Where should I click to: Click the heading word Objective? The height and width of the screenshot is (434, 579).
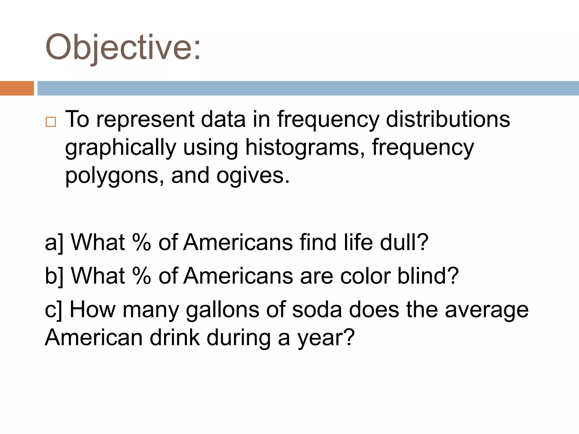(123, 47)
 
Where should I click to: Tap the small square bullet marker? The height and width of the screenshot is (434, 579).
(51, 122)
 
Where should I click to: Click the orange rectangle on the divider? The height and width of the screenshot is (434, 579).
(17, 88)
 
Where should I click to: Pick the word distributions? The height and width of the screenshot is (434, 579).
(448, 119)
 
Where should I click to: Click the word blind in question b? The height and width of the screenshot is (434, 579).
(428, 275)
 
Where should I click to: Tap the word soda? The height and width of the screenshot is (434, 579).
(317, 309)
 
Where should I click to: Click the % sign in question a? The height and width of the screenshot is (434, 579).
(142, 242)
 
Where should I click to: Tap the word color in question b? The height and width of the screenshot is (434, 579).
(365, 275)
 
